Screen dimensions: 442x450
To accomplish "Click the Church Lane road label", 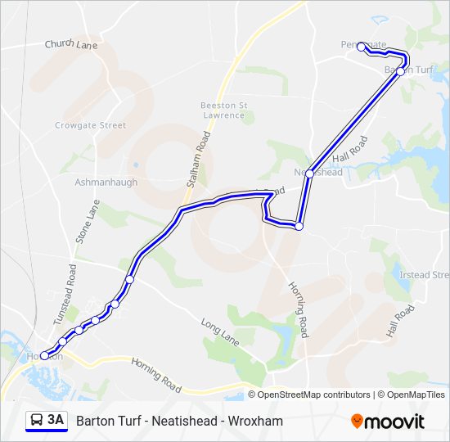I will (x=71, y=44).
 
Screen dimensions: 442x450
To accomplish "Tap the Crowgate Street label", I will (x=90, y=125).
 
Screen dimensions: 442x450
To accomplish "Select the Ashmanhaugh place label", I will (x=106, y=182).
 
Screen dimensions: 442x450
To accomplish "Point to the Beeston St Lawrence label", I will (x=223, y=110).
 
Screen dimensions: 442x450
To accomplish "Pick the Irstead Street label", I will (x=424, y=275).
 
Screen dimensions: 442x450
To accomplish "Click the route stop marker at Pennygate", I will (x=362, y=47).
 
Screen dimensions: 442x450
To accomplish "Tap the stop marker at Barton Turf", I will (x=400, y=71).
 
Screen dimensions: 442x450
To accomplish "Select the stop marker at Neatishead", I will (x=309, y=173).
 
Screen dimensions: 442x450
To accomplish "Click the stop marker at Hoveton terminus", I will (x=44, y=356).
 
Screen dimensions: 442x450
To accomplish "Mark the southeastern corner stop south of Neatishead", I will (x=299, y=226).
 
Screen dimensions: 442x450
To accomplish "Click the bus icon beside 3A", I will (x=37, y=420).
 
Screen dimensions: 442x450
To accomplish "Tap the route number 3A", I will (x=56, y=420).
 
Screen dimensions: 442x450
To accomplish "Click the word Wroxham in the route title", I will (x=257, y=421).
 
